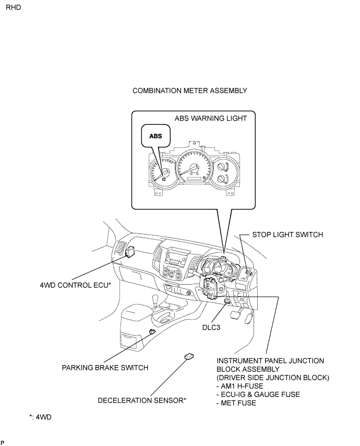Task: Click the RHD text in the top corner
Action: click(x=14, y=7)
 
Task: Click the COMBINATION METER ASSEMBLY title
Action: click(x=190, y=91)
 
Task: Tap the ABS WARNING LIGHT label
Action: click(x=211, y=119)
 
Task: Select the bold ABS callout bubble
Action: click(x=155, y=136)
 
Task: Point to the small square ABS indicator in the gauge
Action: click(x=164, y=179)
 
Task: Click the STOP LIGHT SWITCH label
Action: click(x=287, y=234)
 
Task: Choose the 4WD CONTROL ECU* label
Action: click(x=75, y=285)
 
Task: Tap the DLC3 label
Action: click(x=211, y=327)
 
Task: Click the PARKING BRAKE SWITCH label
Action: click(x=105, y=368)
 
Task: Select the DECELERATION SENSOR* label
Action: click(x=142, y=401)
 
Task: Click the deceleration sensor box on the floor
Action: click(x=189, y=357)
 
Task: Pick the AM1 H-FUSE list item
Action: click(x=240, y=386)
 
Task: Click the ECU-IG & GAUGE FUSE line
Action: click(x=258, y=394)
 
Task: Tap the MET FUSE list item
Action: click(x=236, y=403)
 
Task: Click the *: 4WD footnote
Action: click(x=40, y=417)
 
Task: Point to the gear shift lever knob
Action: click(x=155, y=300)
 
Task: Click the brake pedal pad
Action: click(x=235, y=315)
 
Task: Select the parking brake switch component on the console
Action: click(x=152, y=331)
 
